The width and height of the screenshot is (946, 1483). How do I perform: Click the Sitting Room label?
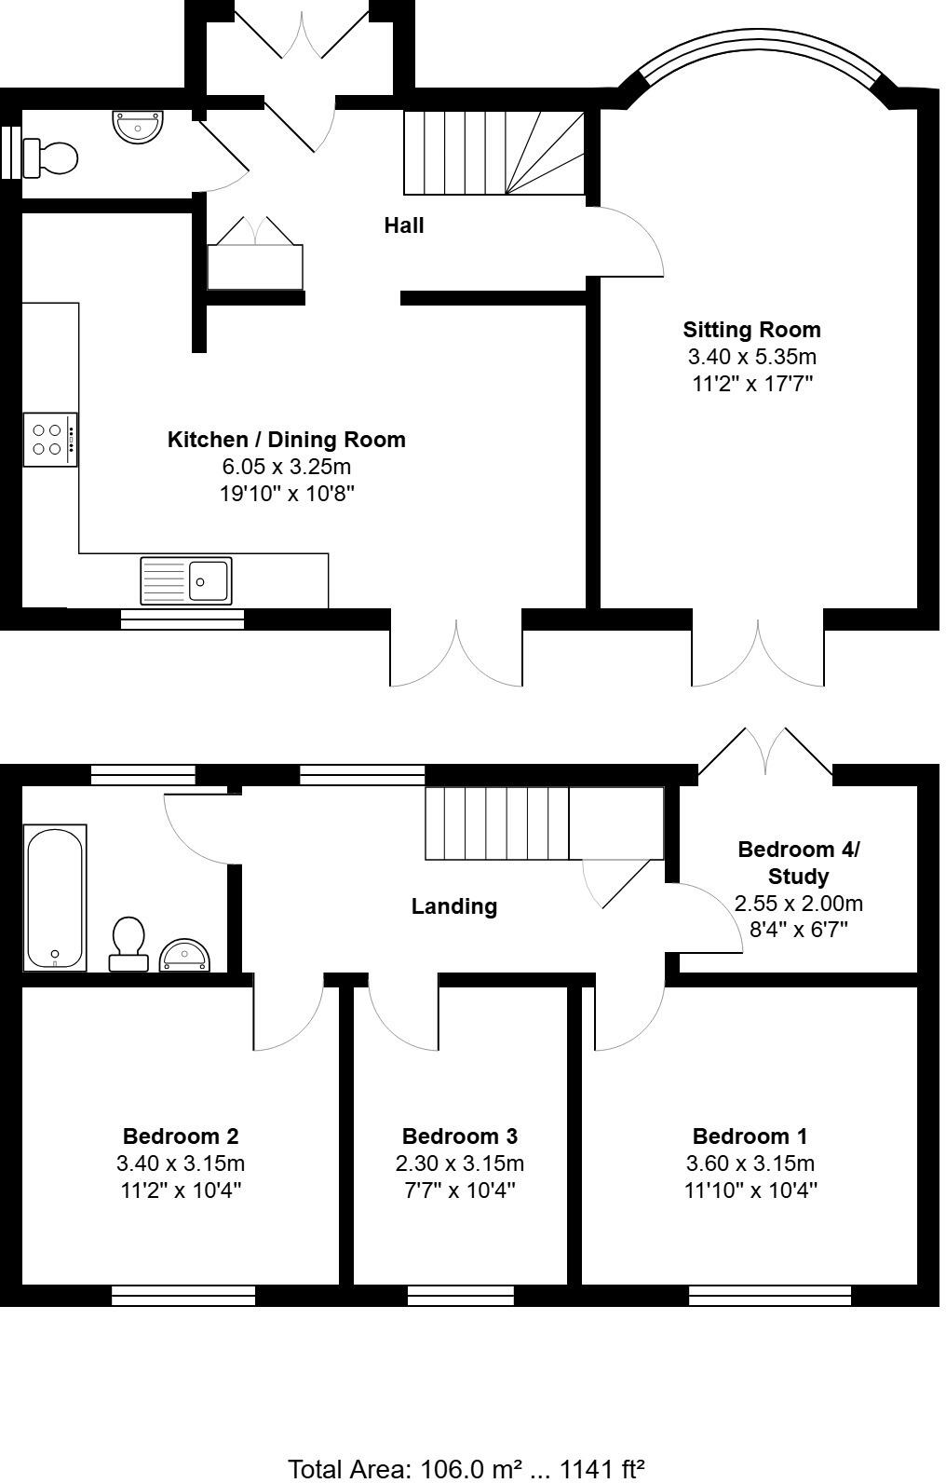(751, 329)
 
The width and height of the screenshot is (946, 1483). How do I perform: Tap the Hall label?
(404, 225)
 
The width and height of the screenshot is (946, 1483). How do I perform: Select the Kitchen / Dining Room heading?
(286, 440)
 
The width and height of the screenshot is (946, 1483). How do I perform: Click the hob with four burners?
(48, 440)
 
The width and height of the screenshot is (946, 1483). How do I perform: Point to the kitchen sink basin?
(209, 580)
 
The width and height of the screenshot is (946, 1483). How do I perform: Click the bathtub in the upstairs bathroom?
(55, 897)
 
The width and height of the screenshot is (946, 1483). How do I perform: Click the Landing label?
(454, 906)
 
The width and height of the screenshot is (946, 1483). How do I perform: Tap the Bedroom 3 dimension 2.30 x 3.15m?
(459, 1163)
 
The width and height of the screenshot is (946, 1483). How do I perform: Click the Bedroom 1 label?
(750, 1136)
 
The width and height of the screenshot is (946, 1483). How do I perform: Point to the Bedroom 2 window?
(183, 1295)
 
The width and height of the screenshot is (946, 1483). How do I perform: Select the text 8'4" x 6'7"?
(798, 930)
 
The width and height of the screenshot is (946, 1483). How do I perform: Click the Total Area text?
(466, 1469)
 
